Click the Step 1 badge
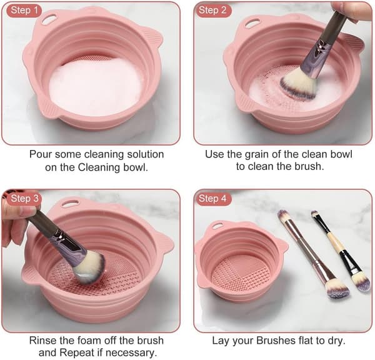(x=24, y=10)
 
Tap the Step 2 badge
(x=212, y=10)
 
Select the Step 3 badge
(x=24, y=199)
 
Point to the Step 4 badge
(x=212, y=199)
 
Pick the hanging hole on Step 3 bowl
(x=70, y=203)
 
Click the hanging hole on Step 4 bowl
(x=217, y=226)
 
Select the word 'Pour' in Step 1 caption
(x=40, y=154)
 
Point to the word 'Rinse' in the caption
(x=42, y=341)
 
